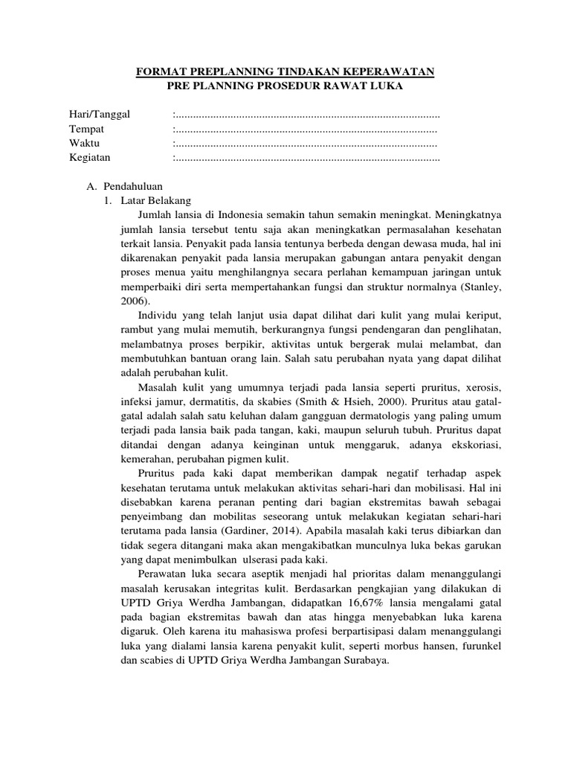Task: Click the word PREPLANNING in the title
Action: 220,72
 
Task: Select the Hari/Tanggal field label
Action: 100,115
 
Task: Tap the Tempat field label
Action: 86,129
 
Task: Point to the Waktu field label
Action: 85,143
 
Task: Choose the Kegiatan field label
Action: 90,158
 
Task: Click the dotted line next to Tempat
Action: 305,129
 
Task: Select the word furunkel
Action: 483,646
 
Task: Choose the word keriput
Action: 485,315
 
